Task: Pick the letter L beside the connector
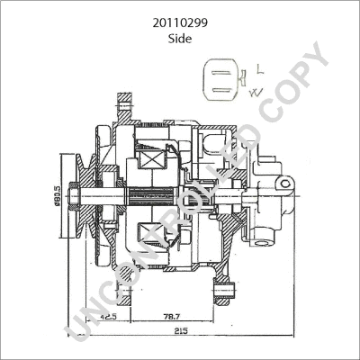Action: point(260,68)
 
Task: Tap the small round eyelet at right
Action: point(285,184)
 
